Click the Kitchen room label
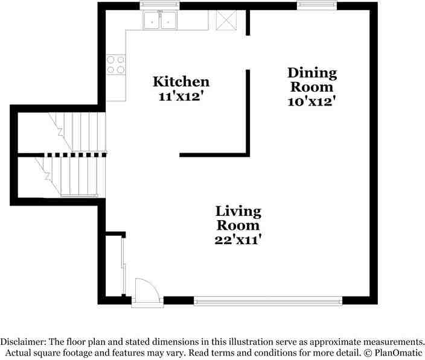click(x=181, y=82)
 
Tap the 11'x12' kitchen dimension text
click(x=181, y=96)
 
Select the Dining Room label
click(x=312, y=80)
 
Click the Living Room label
click(x=238, y=218)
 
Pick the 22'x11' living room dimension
click(x=238, y=240)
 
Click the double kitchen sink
click(x=160, y=20)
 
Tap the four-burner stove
click(x=116, y=65)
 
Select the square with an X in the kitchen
click(x=226, y=20)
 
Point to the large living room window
click(x=268, y=301)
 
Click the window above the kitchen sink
click(x=159, y=5)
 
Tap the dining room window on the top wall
click(x=317, y=5)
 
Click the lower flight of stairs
click(x=70, y=177)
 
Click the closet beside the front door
click(x=115, y=265)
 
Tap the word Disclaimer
click(x=23, y=341)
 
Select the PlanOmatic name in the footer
click(x=398, y=353)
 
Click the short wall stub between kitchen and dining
click(x=248, y=22)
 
